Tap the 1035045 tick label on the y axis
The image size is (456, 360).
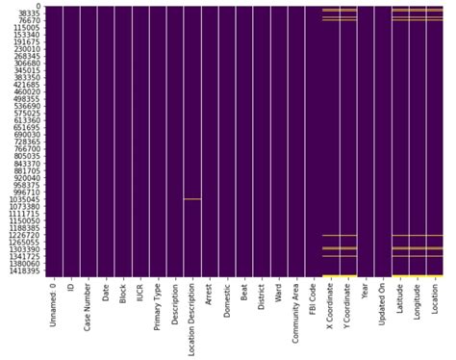pos(23,200)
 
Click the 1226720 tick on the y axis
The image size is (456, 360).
pos(23,236)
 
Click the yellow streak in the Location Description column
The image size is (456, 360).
pos(192,199)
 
